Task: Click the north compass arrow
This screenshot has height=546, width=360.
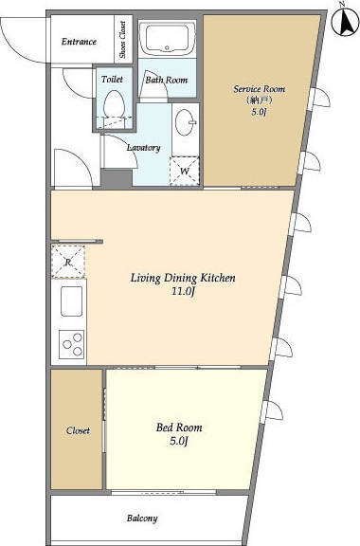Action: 346,22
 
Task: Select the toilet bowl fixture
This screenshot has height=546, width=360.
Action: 114,103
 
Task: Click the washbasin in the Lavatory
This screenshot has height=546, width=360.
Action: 185,122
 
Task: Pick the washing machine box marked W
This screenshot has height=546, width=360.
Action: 184,171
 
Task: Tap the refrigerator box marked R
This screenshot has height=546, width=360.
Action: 68,262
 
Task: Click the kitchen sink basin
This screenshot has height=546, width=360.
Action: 71,301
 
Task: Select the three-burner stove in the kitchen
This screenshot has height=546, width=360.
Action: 72,344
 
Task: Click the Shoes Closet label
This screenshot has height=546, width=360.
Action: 122,40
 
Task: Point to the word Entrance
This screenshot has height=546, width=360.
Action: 79,42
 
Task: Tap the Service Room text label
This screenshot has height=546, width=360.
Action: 259,89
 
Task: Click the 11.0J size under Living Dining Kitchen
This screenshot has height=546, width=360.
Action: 182,291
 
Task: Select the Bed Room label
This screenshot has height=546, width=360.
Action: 179,428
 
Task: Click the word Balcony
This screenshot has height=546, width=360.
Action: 142,519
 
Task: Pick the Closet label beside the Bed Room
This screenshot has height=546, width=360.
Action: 78,430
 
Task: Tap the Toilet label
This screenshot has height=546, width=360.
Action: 112,80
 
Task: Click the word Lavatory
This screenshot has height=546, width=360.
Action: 143,148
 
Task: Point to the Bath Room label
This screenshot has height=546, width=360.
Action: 167,80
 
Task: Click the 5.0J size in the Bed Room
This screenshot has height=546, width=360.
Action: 179,442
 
